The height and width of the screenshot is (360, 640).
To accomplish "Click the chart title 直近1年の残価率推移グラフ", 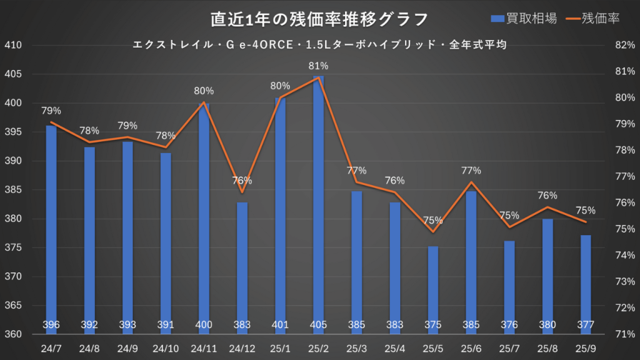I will point(319,19).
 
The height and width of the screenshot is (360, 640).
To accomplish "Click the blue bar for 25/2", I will point(319,200).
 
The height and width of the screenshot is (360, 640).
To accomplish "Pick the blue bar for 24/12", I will point(242,262).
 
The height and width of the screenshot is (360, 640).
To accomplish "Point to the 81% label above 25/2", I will point(319,66).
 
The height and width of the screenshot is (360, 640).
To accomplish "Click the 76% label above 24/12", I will point(242,181).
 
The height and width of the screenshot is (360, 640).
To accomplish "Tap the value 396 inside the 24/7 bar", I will point(51,325).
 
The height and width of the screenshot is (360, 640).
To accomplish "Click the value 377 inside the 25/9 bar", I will point(586,325).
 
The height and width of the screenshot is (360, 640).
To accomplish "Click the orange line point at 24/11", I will point(204,102).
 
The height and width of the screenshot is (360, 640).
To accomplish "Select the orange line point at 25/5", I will point(433,232).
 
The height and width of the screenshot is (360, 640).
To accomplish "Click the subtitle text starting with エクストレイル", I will point(319,45).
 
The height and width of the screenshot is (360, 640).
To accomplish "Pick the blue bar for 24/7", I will point(51,225).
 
